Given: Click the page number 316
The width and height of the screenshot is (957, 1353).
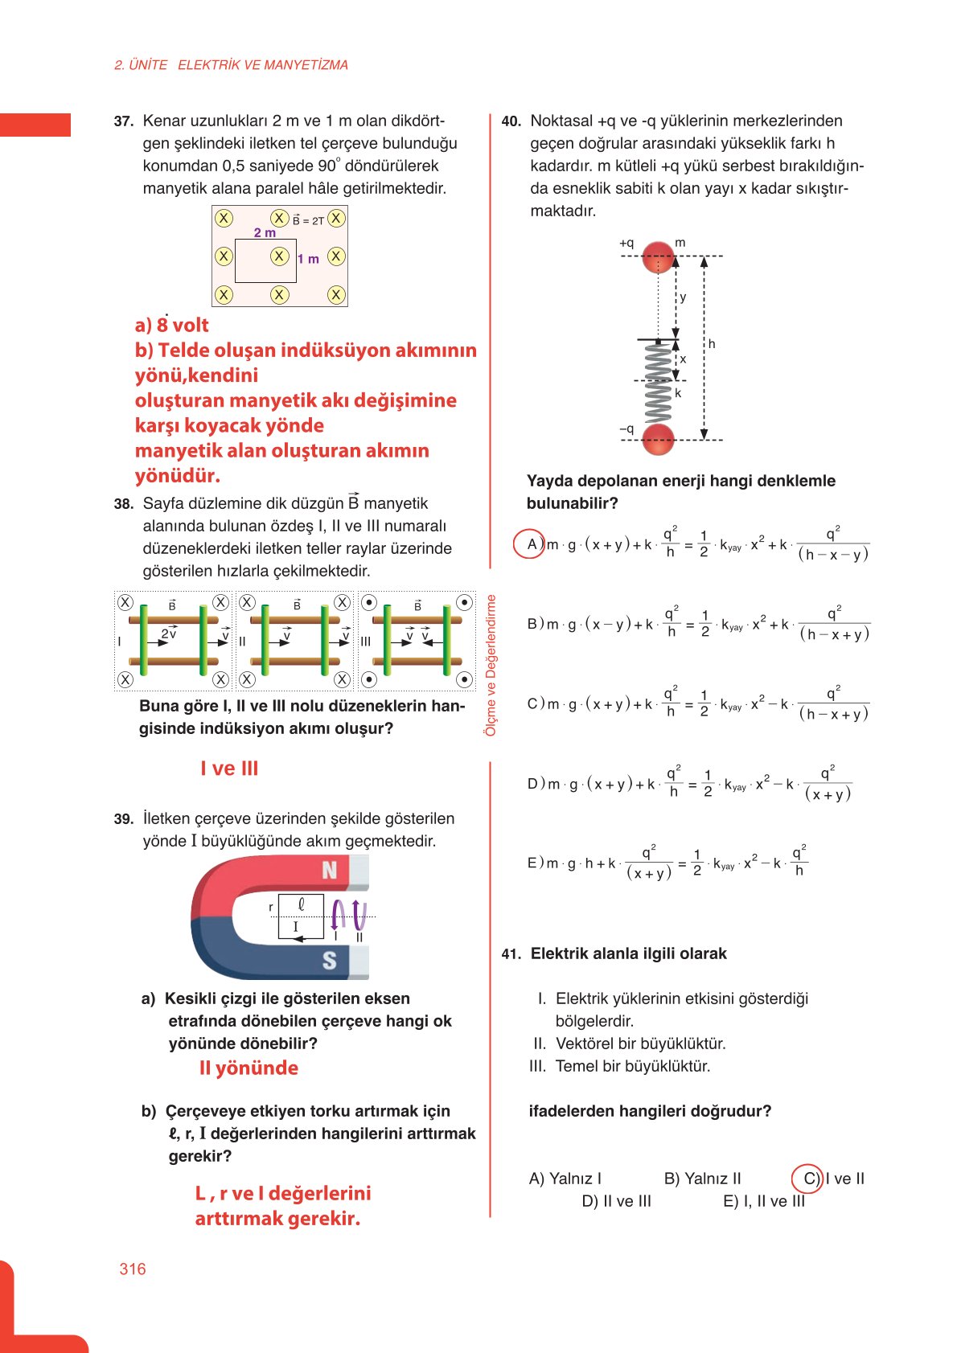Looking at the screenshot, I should pyautogui.click(x=133, y=1269).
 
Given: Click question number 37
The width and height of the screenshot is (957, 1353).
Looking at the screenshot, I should pyautogui.click(x=123, y=121).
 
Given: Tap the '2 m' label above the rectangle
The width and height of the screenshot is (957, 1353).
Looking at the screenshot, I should pyautogui.click(x=265, y=232).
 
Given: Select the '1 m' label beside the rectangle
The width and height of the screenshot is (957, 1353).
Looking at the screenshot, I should pyautogui.click(x=308, y=259).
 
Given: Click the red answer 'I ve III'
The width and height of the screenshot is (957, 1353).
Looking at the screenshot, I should pyautogui.click(x=229, y=768).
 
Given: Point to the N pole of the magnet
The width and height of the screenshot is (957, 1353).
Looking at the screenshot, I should pyautogui.click(x=330, y=870).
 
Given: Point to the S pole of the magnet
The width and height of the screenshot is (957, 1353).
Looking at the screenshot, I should pyautogui.click(x=329, y=960).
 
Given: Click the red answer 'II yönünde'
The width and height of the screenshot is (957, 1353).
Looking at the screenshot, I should pyautogui.click(x=248, y=1068).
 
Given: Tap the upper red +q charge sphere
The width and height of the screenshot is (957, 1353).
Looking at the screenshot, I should pyautogui.click(x=659, y=256).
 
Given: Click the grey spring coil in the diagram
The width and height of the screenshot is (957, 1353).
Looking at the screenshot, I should pyautogui.click(x=658, y=383).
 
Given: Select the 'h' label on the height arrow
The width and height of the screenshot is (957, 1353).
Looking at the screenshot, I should pyautogui.click(x=712, y=343).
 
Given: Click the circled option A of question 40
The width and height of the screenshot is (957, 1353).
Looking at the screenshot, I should pyautogui.click(x=530, y=544).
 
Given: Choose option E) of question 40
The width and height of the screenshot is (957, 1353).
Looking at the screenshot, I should pyautogui.click(x=534, y=863).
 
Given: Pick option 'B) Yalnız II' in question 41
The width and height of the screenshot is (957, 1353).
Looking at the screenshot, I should pyautogui.click(x=702, y=1179).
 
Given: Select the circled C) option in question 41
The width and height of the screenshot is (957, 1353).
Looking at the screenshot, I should pyautogui.click(x=807, y=1179).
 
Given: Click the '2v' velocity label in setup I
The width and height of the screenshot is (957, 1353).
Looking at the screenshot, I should pyautogui.click(x=168, y=633).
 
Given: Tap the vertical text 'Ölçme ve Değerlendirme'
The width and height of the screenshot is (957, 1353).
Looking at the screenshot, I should pyautogui.click(x=491, y=665).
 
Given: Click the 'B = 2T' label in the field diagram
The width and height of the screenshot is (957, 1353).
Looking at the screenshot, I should pyautogui.click(x=308, y=220).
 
